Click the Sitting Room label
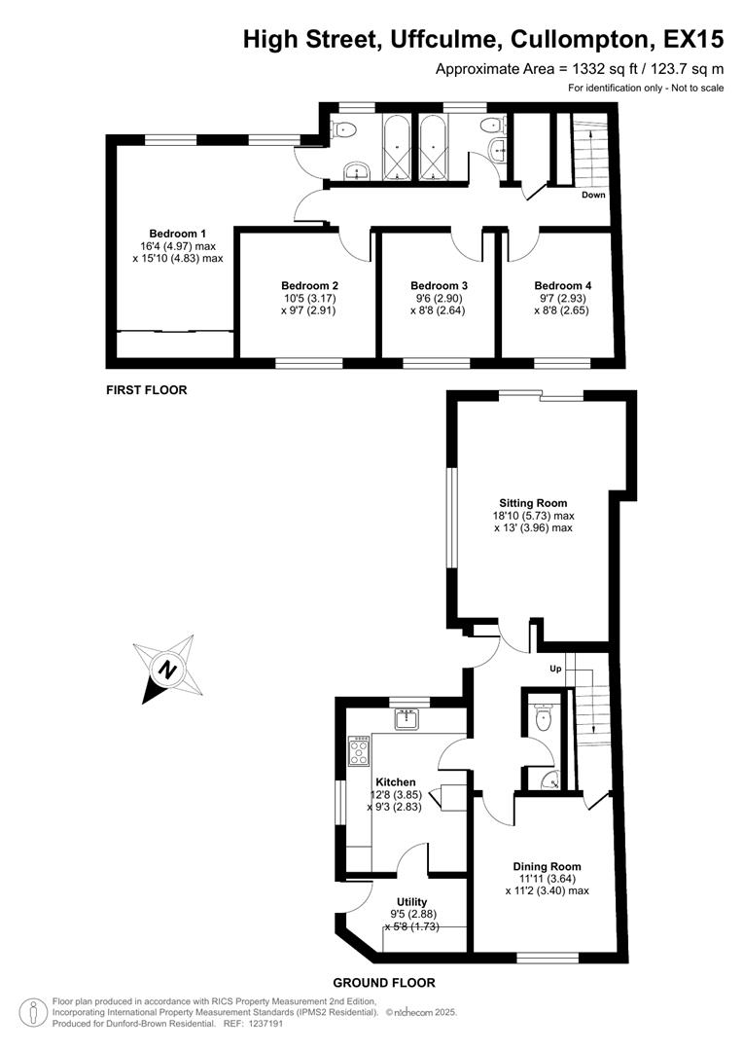coord(533,502)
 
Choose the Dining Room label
coord(547,866)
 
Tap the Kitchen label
coord(396,781)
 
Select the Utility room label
coord(412,902)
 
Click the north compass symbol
coord(169,669)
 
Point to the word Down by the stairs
coord(593,195)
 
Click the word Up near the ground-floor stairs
coord(556,670)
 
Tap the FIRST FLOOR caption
coord(146,389)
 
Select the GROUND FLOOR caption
coord(383,983)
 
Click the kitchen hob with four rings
coord(359,751)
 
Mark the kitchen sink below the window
coord(406,719)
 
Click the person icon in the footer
coord(34,1012)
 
